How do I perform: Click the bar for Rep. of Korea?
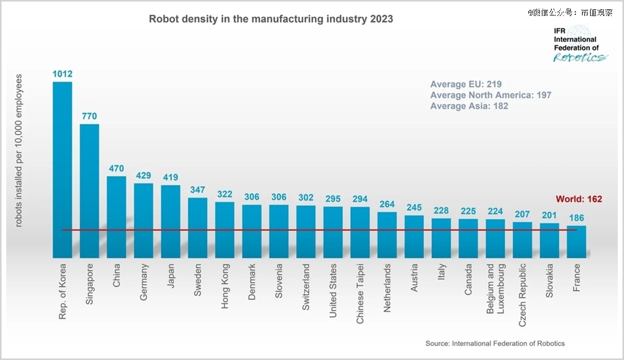(62, 169)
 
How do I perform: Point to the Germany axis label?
(144, 282)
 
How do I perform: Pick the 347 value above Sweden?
(198, 188)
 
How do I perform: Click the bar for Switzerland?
(306, 231)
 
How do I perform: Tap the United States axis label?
(333, 290)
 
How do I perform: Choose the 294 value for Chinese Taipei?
(360, 198)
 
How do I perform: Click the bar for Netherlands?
(387, 234)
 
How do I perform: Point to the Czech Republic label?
(523, 293)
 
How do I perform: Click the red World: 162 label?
(579, 199)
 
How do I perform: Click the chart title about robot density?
(271, 19)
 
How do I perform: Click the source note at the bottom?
(495, 343)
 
